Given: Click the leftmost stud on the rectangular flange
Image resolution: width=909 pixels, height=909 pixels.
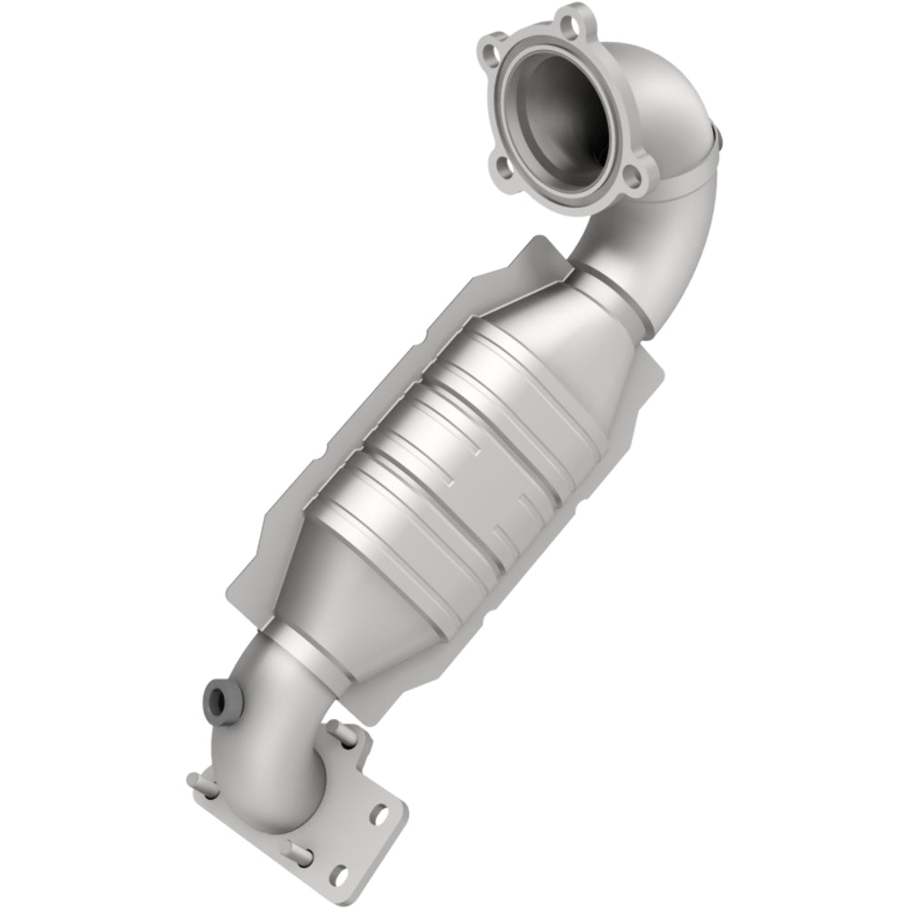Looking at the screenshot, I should click(193, 780).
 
